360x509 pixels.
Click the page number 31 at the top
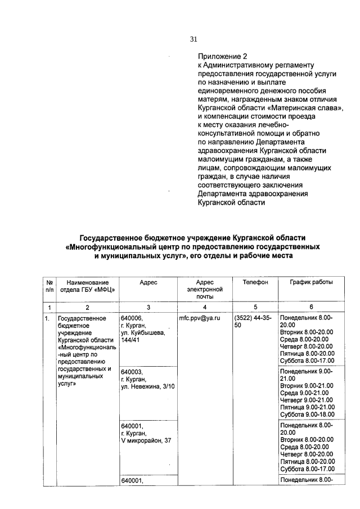(x=193, y=39)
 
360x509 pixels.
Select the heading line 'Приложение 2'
(x=222, y=57)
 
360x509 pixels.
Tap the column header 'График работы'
(x=311, y=282)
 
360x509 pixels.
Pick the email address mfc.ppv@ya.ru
(x=199, y=318)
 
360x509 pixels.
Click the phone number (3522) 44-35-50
(x=253, y=322)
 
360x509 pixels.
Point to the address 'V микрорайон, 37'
(x=146, y=440)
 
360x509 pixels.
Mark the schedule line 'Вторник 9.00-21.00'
(x=307, y=385)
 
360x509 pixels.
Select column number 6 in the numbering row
(x=311, y=307)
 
